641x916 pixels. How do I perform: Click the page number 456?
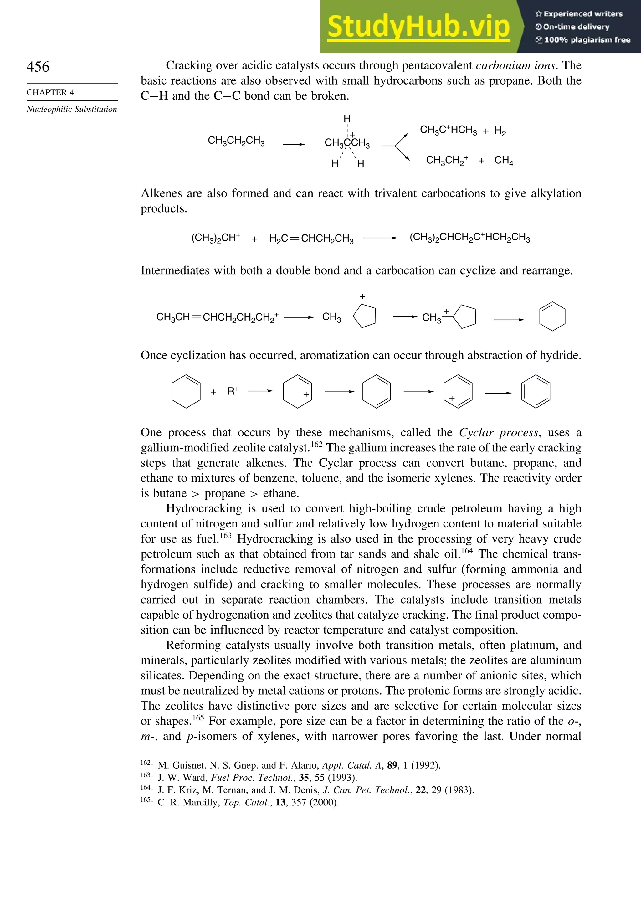38,67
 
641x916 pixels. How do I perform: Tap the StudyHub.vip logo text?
418,27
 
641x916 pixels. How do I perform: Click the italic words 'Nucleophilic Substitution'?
72,109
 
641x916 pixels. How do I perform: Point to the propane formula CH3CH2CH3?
236,141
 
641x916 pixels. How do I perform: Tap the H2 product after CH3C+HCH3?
500,131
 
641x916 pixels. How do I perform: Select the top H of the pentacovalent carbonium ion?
347,118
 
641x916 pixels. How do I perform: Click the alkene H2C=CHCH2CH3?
311,239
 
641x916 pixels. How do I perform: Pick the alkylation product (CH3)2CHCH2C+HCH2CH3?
470,238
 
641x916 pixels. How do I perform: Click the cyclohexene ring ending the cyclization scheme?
552,317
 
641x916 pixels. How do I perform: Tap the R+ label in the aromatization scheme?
233,391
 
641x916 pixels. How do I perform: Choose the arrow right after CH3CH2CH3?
294,144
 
